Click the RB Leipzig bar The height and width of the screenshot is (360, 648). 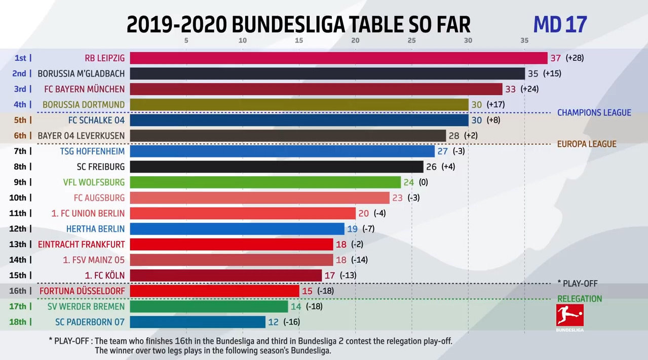338,58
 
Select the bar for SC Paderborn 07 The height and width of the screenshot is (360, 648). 198,322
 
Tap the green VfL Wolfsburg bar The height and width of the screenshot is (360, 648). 265,182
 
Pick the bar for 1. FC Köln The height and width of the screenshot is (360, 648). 225,275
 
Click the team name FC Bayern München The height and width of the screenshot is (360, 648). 84,89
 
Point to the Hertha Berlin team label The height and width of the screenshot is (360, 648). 95,229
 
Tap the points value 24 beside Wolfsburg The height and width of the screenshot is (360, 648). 409,182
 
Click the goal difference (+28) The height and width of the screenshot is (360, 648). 575,58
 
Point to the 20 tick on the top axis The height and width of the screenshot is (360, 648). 355,41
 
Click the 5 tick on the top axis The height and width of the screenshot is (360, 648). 186,41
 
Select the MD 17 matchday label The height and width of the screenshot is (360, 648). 560,24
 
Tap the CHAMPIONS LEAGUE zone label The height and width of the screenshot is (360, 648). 594,113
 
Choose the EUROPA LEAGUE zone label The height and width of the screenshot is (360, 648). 587,144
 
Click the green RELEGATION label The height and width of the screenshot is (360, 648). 580,299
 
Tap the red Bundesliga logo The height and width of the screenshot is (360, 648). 570,317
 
